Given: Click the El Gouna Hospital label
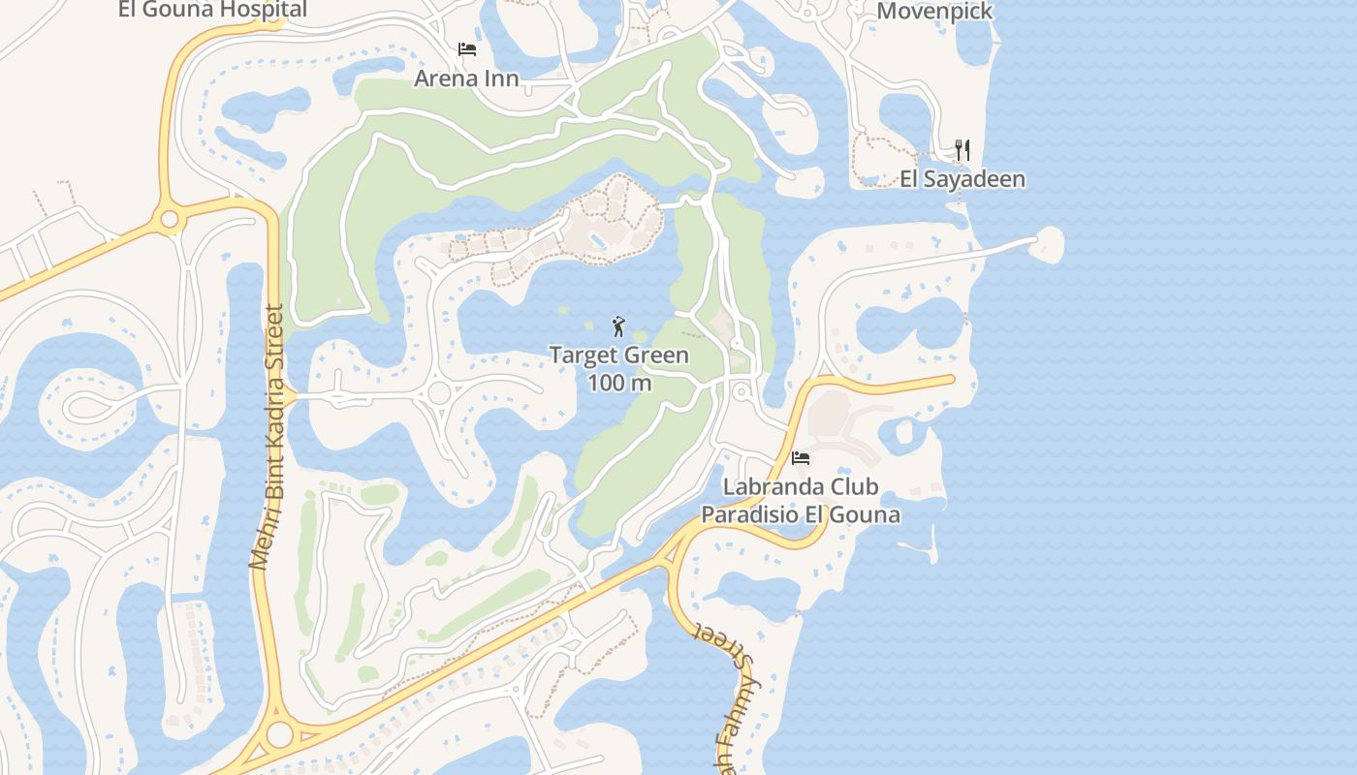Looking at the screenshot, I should (x=212, y=10).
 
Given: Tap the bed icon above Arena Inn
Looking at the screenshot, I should (x=467, y=49).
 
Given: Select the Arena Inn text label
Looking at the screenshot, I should (x=466, y=77).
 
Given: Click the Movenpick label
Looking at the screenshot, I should (x=934, y=12).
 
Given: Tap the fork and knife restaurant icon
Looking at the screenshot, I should (x=963, y=150).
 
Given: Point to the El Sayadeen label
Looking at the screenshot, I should (x=963, y=178).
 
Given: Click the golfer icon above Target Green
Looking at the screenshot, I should (x=618, y=326).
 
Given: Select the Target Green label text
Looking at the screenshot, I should (x=619, y=355).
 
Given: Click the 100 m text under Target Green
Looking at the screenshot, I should (x=619, y=382).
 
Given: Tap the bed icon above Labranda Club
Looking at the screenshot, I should (x=801, y=457).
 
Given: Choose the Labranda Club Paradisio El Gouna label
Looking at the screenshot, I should (x=801, y=500).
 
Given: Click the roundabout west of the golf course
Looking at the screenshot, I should (x=170, y=220).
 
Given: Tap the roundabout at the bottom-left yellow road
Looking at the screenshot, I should (x=279, y=734).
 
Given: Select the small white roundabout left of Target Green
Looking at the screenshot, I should (x=439, y=392).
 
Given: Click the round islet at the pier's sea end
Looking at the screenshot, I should (x=1048, y=243).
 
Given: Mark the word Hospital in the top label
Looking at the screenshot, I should (x=262, y=10).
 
